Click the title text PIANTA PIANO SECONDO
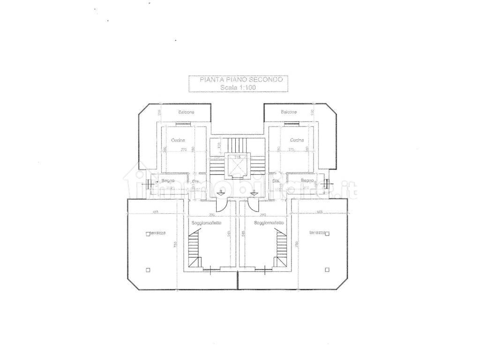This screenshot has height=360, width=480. tap(238, 80)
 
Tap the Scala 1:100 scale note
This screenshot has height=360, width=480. tap(238, 87)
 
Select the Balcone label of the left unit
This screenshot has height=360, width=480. tap(186, 112)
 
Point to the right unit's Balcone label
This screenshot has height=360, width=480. tap(289, 112)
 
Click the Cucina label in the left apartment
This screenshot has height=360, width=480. tap(178, 140)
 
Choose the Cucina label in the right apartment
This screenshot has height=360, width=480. tap(297, 140)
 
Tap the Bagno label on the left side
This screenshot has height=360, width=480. tap(168, 181)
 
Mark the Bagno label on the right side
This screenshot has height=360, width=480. tap(307, 181)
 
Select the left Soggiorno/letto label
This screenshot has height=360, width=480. tap(205, 223)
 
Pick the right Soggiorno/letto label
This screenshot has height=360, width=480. tap(269, 223)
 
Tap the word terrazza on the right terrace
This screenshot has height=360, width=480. tap(317, 233)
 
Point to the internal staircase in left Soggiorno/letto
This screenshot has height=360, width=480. tap(194, 250)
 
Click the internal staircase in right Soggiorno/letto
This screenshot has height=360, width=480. tap(281, 250)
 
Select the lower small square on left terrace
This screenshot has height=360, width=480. tap(149, 270)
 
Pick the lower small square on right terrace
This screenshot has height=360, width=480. tap(326, 270)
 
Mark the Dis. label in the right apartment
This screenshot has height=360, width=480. tap(276, 181)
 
